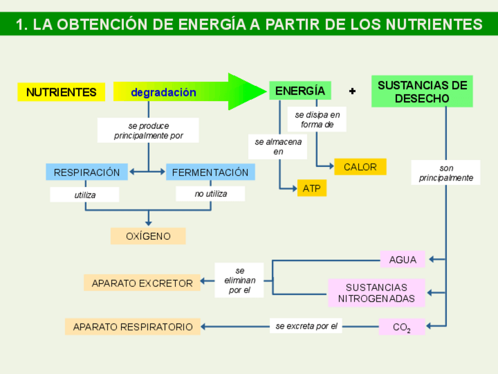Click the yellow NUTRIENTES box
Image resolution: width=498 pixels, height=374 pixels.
pos(61,92)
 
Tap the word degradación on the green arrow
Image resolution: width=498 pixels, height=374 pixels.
pos(163,92)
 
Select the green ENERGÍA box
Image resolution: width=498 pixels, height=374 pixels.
pos(300,91)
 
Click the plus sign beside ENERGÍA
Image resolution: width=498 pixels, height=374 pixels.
pos(352,91)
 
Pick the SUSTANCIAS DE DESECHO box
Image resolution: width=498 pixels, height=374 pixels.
pos(422,92)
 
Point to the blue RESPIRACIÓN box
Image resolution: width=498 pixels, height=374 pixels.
pos(86,172)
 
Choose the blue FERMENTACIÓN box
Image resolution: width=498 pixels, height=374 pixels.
pos(210,172)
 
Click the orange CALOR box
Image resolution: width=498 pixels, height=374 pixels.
pos(360,167)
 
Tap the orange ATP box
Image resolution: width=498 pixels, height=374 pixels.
pos(311,189)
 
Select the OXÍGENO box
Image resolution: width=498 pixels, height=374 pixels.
pos(148,236)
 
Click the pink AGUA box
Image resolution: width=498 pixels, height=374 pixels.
pos(402,259)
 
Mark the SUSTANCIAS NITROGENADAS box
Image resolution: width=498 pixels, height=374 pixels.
pos(376,293)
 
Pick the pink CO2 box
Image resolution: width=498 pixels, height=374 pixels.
pos(402,327)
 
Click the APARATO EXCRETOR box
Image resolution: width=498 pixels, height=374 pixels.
pos(142,283)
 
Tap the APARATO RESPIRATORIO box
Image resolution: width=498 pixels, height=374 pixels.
pos(133,326)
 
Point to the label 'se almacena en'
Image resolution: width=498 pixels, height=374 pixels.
pos(278,146)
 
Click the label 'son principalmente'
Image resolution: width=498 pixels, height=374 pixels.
pos(446,173)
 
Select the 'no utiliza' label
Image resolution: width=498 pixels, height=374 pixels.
pos(210,193)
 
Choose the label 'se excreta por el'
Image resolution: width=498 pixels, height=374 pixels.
pos(306,326)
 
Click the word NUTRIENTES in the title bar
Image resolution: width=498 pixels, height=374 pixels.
pos(434,24)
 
